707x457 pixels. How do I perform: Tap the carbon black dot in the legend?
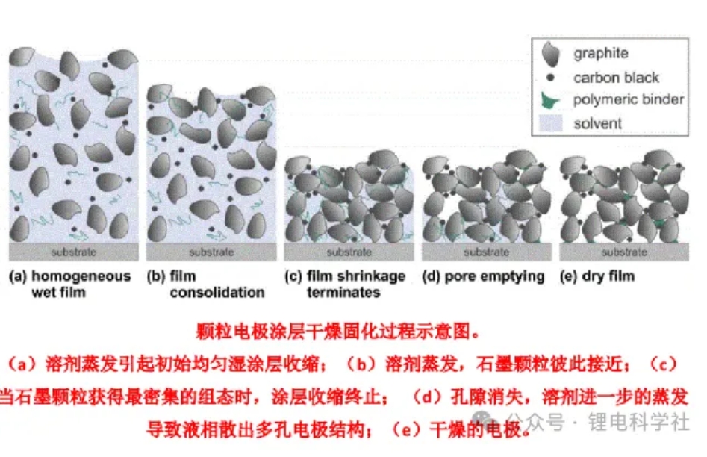(551, 78)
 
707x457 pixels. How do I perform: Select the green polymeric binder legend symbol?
(552, 99)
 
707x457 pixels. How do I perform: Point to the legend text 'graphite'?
(600, 54)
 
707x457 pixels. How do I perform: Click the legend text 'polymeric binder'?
(628, 99)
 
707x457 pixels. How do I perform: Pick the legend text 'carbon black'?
(616, 77)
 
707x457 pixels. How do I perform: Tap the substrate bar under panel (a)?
(72, 252)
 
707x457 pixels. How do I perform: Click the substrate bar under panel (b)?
(211, 252)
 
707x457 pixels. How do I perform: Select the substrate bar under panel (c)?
(349, 252)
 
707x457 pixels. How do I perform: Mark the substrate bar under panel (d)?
(486, 252)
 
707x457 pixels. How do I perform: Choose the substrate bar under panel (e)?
(623, 252)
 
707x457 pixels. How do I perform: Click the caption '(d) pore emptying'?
(483, 276)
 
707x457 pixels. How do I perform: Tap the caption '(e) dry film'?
(597, 276)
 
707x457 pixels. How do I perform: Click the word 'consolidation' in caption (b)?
(217, 292)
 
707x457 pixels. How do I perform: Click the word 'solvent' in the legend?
(597, 122)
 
